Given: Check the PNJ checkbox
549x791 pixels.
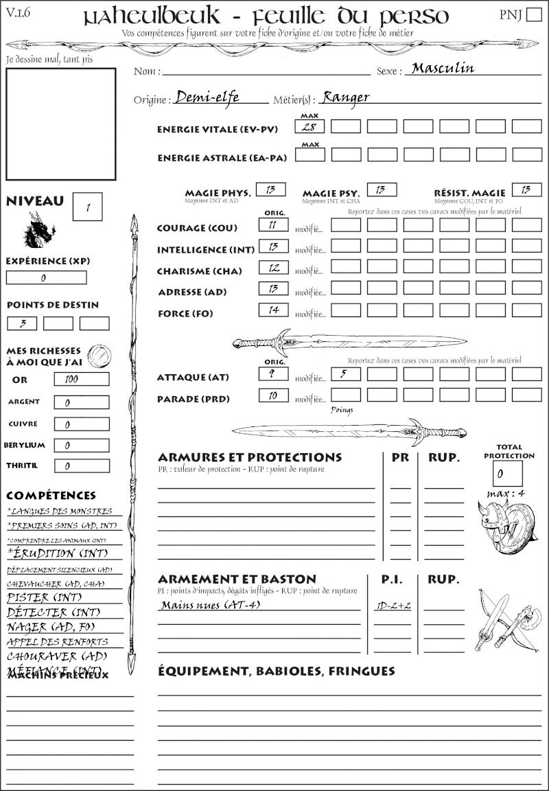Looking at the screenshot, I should coord(533,15).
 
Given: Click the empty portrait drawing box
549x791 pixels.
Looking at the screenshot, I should coord(60,123).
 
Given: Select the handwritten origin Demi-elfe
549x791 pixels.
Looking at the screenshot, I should coord(207,97).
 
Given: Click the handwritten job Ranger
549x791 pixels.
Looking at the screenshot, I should coord(345,97).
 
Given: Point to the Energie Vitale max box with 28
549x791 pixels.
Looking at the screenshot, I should coord(309,126).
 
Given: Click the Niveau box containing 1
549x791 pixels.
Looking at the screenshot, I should coord(87,207).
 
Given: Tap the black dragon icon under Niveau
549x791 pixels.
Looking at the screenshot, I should coord(39,231).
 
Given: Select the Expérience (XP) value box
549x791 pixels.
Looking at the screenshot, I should coord(46,277).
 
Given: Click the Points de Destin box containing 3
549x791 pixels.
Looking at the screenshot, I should coord(22,323).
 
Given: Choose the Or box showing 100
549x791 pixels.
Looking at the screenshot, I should coord(81,379).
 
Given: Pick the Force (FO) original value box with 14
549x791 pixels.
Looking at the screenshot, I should coord(273,310).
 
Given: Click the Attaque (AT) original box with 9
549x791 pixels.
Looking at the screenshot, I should coord(273,374).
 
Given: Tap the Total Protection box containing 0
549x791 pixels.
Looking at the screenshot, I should coord(507,473).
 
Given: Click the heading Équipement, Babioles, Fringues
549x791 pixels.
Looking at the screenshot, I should coord(277,670).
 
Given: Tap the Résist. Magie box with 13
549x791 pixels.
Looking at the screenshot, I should coord(526,190).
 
